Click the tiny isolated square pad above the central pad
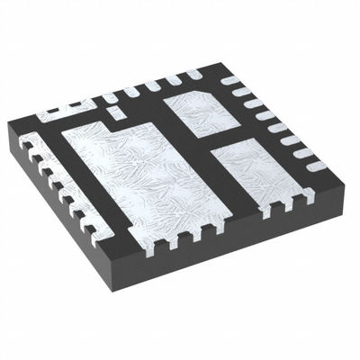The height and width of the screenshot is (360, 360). (113, 112)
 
